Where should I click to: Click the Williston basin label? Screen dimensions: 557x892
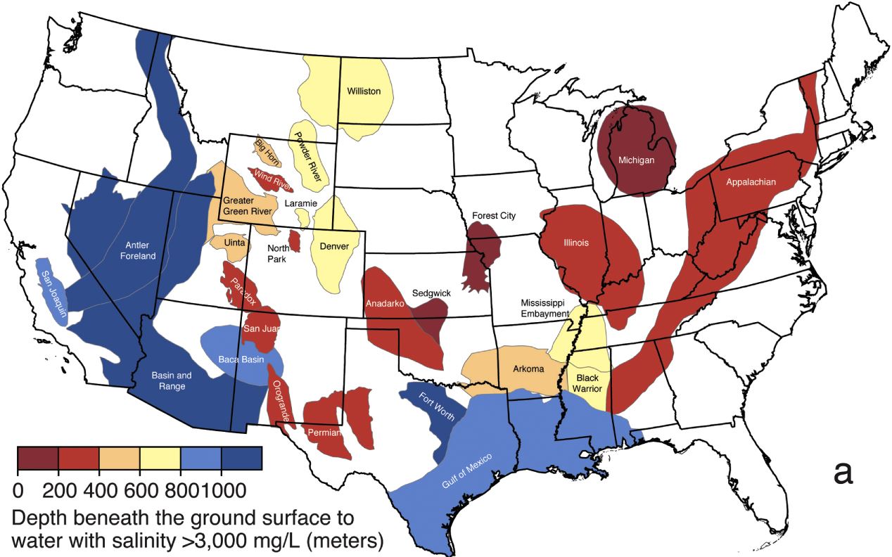[x=364, y=91]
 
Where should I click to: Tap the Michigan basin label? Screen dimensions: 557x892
[x=636, y=160]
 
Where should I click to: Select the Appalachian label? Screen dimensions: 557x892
[x=751, y=182]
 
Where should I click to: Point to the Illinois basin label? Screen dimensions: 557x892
[x=576, y=243]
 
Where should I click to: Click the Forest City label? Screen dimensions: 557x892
[x=494, y=215]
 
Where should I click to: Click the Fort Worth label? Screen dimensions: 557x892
[x=436, y=406]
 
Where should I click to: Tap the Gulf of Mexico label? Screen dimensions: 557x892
[x=467, y=470]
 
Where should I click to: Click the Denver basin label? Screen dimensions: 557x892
[x=333, y=246]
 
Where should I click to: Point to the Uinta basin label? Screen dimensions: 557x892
[x=235, y=242]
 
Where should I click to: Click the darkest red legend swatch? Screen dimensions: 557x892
[x=37, y=459]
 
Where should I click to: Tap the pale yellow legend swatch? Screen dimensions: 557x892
[x=160, y=459]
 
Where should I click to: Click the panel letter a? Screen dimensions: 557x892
[x=843, y=473]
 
